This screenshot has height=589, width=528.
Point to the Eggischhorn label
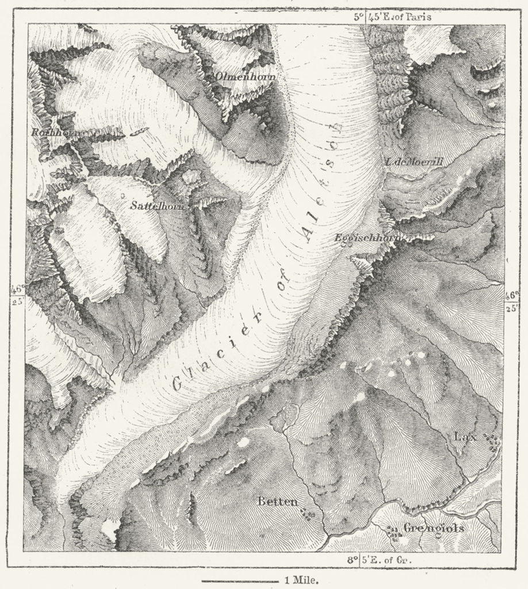click(366, 237)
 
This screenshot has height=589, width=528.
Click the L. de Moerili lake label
click(414, 162)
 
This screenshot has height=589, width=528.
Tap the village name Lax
click(465, 437)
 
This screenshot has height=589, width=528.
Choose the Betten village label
click(277, 502)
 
